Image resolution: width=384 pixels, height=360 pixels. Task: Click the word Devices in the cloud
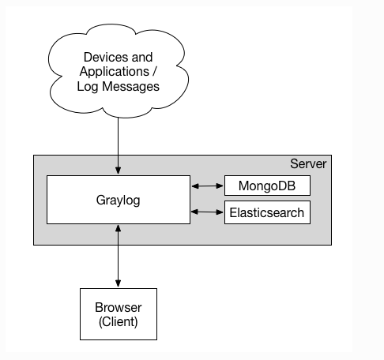click(106, 58)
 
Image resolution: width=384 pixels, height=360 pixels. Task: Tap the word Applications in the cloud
click(115, 72)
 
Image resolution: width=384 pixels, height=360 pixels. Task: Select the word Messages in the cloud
click(130, 86)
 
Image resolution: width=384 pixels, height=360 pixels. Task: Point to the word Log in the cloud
click(88, 87)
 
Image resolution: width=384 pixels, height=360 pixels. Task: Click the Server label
click(308, 163)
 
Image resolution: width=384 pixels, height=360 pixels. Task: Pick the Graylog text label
click(118, 201)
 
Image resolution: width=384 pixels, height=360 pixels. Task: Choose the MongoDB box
click(267, 186)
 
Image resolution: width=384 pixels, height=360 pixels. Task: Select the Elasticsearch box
click(267, 212)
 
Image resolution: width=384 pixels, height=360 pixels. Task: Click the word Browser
click(119, 307)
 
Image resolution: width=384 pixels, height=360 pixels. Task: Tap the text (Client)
click(119, 321)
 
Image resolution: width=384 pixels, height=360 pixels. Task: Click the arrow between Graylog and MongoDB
click(207, 186)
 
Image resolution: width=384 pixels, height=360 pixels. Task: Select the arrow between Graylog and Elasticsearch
click(207, 212)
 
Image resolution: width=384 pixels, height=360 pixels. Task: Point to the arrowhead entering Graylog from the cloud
click(119, 170)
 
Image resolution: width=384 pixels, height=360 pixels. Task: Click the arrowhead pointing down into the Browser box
click(119, 283)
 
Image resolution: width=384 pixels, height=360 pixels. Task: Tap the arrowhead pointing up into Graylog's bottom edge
click(119, 229)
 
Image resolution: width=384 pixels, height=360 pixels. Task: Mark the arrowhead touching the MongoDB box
click(220, 186)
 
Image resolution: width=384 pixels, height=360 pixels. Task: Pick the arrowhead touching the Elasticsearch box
click(220, 212)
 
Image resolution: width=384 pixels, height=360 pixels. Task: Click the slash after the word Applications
click(154, 72)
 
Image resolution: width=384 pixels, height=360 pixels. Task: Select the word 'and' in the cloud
click(142, 58)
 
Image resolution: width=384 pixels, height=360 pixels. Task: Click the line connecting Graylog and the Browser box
click(119, 256)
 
